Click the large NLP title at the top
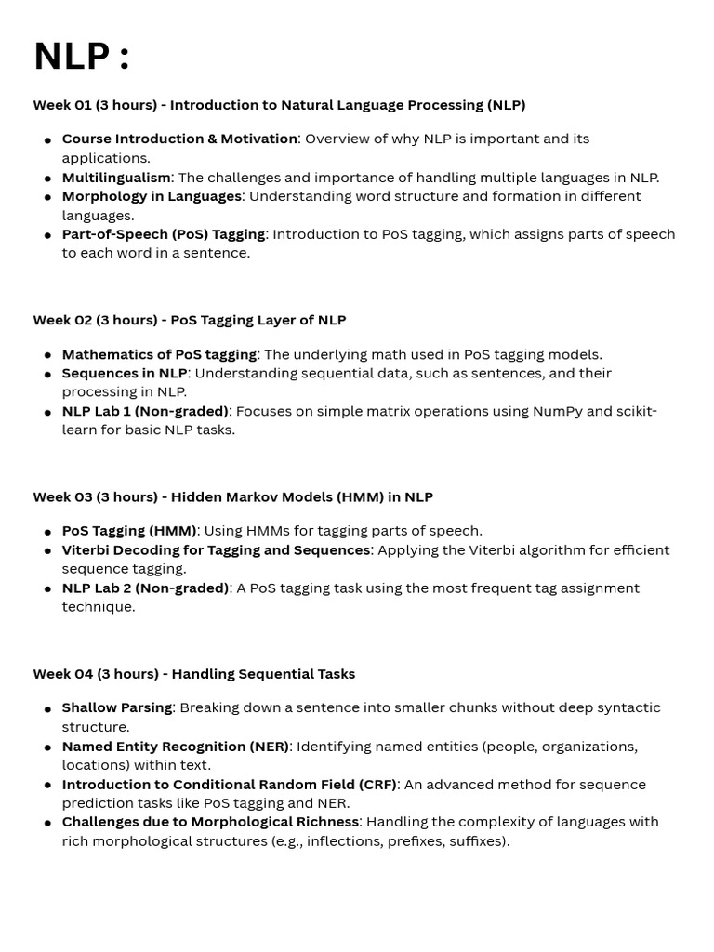[81, 57]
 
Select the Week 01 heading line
[279, 105]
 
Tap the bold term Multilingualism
[116, 178]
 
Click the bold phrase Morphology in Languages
[152, 196]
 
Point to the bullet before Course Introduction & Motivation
[47, 139]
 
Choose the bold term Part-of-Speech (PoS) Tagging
[164, 234]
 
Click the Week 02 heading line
[190, 320]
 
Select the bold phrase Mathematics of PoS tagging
[159, 354]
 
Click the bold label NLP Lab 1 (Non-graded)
[145, 411]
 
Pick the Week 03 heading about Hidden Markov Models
[232, 496]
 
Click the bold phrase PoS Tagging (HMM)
[129, 531]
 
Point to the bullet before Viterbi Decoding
[47, 550]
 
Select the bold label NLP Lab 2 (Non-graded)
[145, 588]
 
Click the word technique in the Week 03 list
[98, 607]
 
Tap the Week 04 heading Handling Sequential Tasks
[194, 674]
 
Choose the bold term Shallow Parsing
[117, 707]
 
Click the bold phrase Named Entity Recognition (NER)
[176, 747]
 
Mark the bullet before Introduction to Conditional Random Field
[47, 785]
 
